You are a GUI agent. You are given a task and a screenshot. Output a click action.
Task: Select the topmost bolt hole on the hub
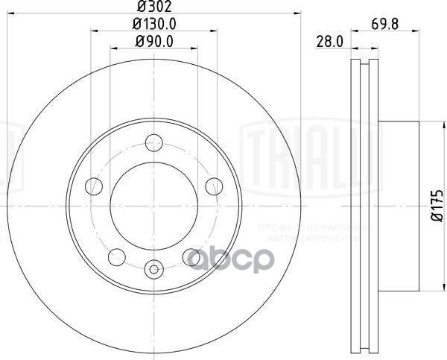coord(154,139)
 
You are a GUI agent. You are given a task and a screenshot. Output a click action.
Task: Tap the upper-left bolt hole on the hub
coord(94,184)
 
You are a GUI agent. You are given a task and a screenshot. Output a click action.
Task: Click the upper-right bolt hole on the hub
coord(215,184)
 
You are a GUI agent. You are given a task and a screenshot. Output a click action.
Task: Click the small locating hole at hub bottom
coord(154,270)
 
